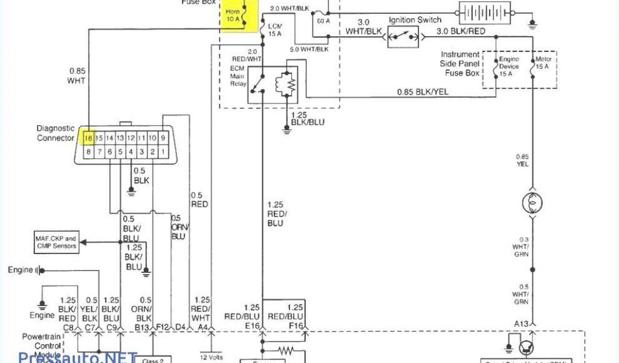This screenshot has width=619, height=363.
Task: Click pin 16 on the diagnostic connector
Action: tap(88, 138)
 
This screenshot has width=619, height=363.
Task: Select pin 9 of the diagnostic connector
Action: tap(163, 138)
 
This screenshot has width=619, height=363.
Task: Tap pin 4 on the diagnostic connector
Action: tap(131, 152)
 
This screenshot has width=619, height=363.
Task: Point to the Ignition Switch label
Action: tap(415, 20)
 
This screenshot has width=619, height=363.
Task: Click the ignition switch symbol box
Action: tap(403, 37)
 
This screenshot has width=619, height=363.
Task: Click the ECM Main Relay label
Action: tap(238, 76)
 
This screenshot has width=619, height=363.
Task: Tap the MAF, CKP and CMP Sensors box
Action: tap(55, 242)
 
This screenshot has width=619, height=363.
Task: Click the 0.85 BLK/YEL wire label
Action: tap(423, 92)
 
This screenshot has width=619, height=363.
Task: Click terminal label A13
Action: tap(522, 324)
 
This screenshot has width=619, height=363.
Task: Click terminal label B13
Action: tap(142, 327)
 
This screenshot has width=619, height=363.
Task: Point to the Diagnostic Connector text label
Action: tap(56, 133)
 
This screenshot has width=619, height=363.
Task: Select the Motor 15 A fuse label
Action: tap(543, 64)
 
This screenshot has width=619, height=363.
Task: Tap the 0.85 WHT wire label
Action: tap(76, 75)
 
